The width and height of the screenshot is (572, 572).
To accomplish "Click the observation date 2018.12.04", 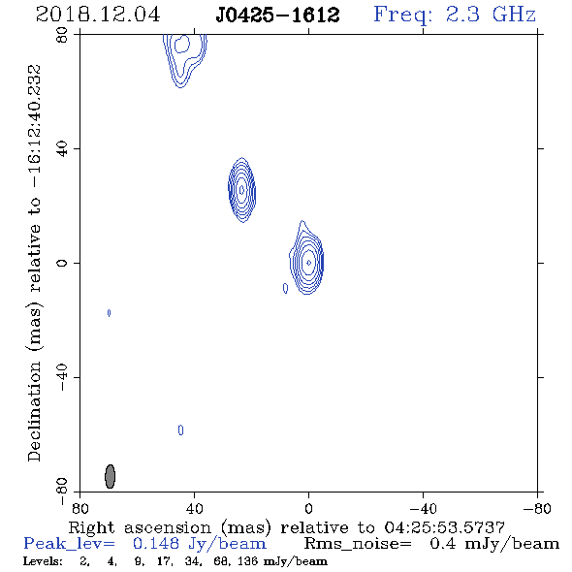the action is [98, 15].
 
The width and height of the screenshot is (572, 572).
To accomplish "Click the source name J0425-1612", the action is [277, 16].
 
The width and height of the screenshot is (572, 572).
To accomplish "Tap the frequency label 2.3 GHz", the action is [491, 15].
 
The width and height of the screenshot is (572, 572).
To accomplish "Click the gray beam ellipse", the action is [111, 476].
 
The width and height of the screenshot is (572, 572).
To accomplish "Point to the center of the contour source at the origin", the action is [308, 263].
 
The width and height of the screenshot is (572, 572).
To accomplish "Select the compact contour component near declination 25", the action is [241, 190].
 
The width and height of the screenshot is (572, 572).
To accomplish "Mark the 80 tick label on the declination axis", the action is [63, 35].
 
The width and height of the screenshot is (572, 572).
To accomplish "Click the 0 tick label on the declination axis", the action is [62, 263].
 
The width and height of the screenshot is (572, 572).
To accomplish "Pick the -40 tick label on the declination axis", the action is [62, 377].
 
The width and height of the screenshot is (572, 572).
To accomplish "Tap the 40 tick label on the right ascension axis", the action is [194, 509].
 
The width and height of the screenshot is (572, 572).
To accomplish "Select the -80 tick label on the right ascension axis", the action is [537, 509].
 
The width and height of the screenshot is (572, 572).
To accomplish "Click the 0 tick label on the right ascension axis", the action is [308, 509].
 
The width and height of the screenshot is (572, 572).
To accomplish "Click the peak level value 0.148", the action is [156, 544].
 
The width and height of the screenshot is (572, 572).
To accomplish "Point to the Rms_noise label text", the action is [358, 544].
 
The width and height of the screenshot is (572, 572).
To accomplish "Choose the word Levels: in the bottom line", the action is [43, 560].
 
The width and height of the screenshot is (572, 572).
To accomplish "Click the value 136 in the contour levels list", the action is [250, 560].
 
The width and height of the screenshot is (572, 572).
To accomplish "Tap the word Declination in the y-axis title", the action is [34, 411].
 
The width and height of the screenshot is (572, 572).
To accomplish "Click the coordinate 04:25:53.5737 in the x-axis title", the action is [444, 527].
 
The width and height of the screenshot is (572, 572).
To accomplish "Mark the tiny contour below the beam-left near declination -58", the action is [180, 430].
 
